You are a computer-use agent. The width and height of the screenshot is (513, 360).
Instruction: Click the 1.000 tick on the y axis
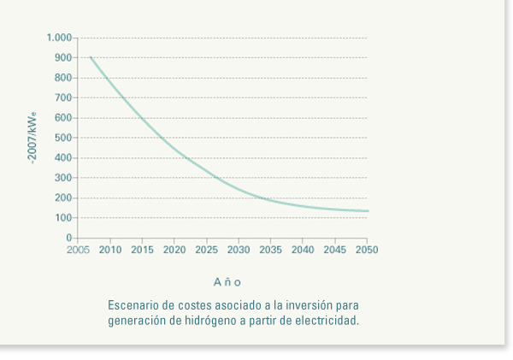tap(60, 38)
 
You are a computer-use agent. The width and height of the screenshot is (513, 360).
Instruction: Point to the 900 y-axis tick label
tap(64, 58)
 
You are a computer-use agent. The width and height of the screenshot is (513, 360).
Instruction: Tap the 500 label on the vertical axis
tap(64, 138)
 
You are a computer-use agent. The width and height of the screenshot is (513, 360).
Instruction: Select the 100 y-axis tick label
tap(64, 218)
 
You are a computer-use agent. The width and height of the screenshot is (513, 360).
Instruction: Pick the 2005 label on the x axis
tap(78, 251)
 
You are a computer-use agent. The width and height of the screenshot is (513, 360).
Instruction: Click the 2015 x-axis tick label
tap(142, 251)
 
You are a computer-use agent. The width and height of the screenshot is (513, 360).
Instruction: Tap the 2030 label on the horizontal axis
tap(239, 251)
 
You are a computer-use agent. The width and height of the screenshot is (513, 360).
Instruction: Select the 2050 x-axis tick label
tap(367, 251)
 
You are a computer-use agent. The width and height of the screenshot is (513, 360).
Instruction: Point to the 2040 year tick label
tap(303, 251)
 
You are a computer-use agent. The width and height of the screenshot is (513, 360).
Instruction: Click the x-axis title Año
tap(227, 281)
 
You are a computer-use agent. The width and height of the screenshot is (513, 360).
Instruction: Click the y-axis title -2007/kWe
tap(34, 138)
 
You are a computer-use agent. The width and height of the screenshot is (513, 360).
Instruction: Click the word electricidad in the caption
tap(328, 322)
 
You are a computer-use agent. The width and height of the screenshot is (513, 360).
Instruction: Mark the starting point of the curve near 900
tap(91, 57)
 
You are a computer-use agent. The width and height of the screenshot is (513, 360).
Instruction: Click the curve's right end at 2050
tap(367, 211)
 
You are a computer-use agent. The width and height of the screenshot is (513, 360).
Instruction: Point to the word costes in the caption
tap(191, 306)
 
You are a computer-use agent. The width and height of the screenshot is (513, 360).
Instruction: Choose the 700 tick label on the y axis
tap(64, 98)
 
